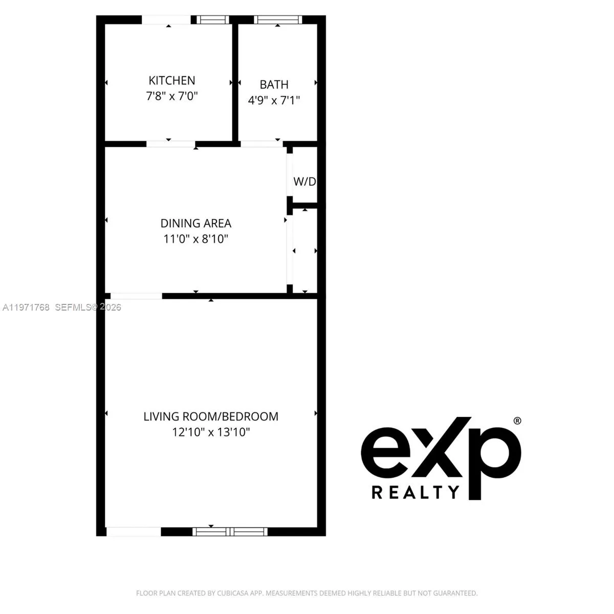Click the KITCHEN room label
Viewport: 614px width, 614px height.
172,80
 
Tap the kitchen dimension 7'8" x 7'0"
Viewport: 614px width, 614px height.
172,96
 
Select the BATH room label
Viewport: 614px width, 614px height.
274,84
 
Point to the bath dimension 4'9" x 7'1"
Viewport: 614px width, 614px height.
274,100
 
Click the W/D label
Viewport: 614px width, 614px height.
304,182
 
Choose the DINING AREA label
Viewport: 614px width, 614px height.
196,223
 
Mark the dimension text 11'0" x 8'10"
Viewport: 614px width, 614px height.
196,238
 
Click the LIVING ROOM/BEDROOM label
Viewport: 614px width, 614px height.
211,416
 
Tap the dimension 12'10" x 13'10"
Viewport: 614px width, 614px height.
211,432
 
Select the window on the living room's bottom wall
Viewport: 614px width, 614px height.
230,532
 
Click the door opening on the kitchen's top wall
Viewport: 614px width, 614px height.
166,20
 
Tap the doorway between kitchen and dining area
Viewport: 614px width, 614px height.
171,144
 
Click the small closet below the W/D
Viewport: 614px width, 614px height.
304,251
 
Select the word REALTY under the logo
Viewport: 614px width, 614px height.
415,493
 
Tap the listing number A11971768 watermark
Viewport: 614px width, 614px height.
26,308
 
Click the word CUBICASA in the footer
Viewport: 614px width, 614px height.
239,594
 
